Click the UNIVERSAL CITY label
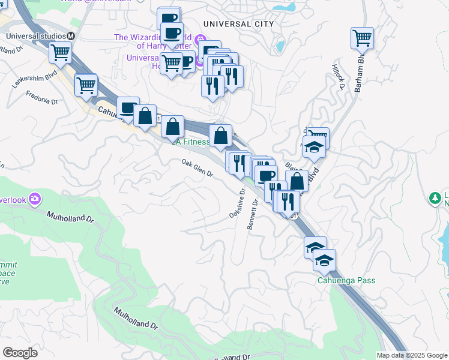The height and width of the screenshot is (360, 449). point(238,24)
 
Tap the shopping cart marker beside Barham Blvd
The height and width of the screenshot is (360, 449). point(362,39)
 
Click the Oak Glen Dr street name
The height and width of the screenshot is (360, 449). point(197,168)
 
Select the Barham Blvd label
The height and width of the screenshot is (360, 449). point(360,75)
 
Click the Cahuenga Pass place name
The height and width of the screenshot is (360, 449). point(346,281)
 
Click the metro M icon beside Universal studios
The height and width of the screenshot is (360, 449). point(71,36)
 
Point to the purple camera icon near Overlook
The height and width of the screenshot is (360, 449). point(35,198)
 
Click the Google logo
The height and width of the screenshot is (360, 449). point(20,352)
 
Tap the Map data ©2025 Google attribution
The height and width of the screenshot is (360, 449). point(411,355)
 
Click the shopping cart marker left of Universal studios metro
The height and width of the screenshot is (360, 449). point(61,53)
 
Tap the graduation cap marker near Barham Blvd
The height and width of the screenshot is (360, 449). point(313,148)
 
